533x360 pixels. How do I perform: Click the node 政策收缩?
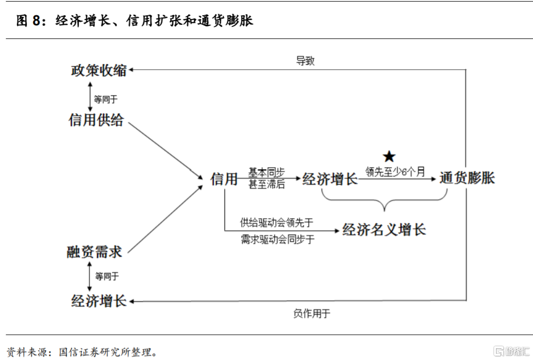coord(99,70)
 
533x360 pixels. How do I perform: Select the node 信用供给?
coord(96,120)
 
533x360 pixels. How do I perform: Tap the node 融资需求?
coord(95,252)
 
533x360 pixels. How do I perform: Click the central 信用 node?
coord(224,179)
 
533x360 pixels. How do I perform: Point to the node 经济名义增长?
coord(384,229)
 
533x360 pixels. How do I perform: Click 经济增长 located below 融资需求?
coord(99,301)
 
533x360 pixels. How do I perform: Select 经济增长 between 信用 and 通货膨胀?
coord(330,179)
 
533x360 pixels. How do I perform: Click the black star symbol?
coord(389,156)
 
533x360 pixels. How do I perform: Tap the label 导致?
coord(305,60)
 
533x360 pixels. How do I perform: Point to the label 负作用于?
coord(312,314)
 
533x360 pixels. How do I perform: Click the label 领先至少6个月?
coord(395,171)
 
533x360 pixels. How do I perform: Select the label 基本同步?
coord(267,172)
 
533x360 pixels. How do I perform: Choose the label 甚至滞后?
coord(267,184)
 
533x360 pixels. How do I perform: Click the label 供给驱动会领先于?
coord(277,222)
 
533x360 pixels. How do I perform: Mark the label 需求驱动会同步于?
coord(277,240)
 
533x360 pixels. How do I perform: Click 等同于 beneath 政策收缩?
coord(106,99)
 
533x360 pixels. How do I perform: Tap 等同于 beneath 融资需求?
coord(107,276)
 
